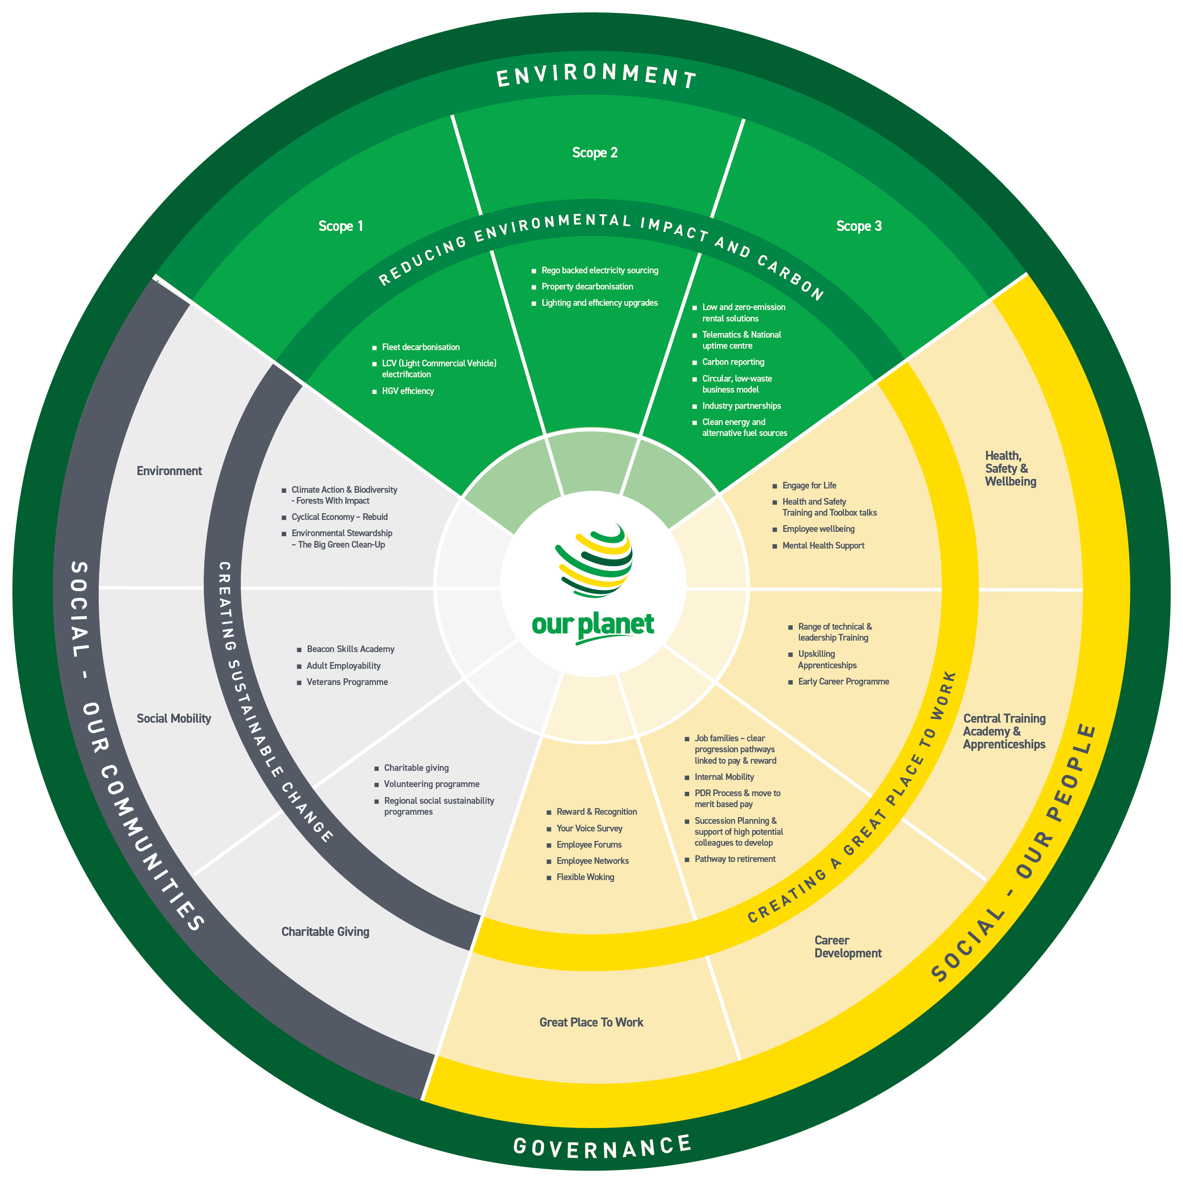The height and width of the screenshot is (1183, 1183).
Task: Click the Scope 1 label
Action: click(341, 226)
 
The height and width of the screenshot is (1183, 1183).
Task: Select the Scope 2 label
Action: click(594, 153)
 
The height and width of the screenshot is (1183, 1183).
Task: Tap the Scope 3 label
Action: click(859, 226)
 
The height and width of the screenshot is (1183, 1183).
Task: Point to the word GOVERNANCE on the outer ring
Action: click(602, 1147)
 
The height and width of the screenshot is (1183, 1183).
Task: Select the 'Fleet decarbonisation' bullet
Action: click(421, 347)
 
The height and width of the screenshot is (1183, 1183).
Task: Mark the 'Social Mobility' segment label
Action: click(174, 718)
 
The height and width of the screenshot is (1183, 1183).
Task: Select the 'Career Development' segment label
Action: click(848, 947)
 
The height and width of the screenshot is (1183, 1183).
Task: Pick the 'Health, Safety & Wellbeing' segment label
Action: click(1010, 468)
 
